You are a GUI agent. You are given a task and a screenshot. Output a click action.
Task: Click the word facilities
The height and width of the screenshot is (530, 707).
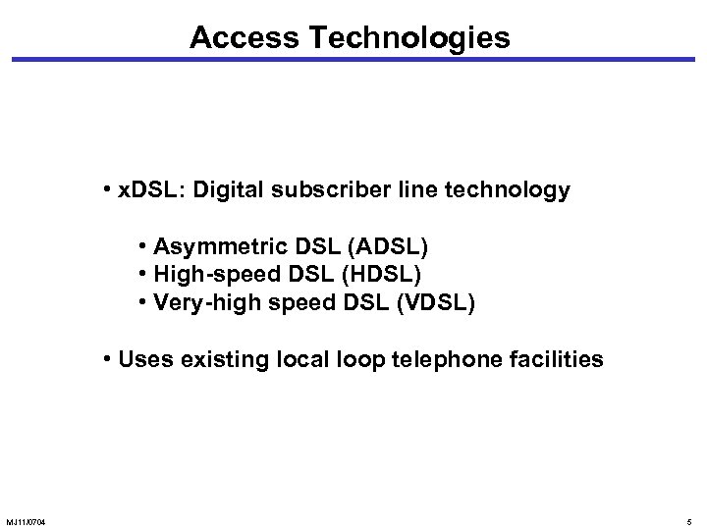point(555,359)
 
